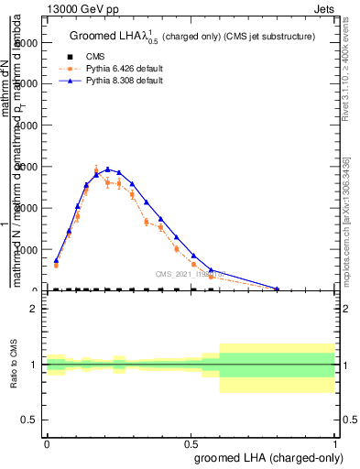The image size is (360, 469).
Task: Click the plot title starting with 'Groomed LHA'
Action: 193,37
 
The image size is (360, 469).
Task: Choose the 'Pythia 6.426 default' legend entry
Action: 109,69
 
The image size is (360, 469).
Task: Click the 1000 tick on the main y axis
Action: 27,249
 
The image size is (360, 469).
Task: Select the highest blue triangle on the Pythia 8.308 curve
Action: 108,169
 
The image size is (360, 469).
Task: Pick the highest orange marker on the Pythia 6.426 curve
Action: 96,169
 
